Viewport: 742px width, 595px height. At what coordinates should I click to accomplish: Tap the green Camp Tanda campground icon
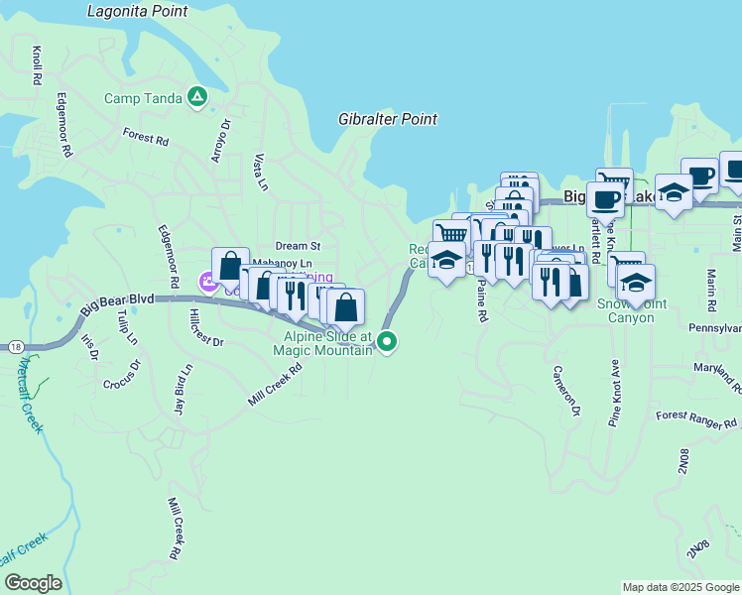pyautogui.click(x=198, y=97)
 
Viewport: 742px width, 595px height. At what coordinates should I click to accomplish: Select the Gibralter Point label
pyautogui.click(x=388, y=119)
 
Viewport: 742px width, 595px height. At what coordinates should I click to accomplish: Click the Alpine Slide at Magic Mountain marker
pyautogui.click(x=388, y=342)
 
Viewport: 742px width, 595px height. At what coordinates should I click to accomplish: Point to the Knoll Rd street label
pyautogui.click(x=37, y=63)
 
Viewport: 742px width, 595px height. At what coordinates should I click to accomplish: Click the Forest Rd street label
pyautogui.click(x=145, y=136)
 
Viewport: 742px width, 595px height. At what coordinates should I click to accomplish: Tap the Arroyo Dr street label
pyautogui.click(x=220, y=139)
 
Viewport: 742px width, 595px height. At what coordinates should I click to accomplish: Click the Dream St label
pyautogui.click(x=299, y=245)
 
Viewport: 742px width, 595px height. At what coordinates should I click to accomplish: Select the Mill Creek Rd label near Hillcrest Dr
pyautogui.click(x=273, y=383)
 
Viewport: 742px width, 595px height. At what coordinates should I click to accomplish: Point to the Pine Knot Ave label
pyautogui.click(x=615, y=393)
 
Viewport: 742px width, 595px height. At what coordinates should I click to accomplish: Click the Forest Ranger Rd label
pyautogui.click(x=697, y=419)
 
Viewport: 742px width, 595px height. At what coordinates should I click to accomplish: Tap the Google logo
pyautogui.click(x=33, y=583)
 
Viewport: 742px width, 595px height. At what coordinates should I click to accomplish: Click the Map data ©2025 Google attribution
pyautogui.click(x=681, y=587)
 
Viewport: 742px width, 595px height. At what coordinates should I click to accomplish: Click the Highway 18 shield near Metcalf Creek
pyautogui.click(x=16, y=345)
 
